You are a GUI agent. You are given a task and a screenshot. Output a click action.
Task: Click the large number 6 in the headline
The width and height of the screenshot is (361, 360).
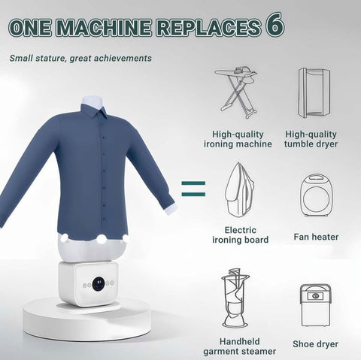coord(275,25)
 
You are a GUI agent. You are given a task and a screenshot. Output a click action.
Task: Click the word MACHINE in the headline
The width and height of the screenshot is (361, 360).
coord(104,27)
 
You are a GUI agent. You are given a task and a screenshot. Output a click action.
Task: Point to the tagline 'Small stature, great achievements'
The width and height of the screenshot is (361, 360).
coord(80,59)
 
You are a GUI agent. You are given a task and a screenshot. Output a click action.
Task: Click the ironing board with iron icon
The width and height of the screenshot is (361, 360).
coord(236,92)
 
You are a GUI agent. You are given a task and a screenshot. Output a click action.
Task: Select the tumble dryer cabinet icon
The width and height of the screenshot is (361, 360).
coord(314,92)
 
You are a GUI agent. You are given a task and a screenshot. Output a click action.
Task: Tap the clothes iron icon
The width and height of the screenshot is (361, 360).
coord(239,189)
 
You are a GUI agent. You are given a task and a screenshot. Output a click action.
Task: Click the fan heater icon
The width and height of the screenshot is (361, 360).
coord(316,195)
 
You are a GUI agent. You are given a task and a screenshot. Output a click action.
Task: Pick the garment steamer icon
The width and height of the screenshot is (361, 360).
coord(235,299)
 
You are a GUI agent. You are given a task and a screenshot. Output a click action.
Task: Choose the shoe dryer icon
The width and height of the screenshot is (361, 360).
coord(316,305)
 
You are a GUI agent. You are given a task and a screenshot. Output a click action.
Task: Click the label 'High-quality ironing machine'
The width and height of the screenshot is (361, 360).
coord(238,139)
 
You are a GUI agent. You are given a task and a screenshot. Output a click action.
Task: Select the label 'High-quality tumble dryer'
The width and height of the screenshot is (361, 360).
coord(311,139)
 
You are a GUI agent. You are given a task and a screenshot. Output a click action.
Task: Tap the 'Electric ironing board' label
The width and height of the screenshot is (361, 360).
coord(240,235)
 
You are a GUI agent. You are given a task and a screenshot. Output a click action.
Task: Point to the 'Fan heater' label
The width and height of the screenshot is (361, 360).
coord(316,237)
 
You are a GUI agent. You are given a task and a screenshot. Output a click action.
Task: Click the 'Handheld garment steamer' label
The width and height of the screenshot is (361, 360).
coord(239,346)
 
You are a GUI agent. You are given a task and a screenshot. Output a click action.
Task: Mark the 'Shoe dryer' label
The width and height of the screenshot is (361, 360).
coord(315,344)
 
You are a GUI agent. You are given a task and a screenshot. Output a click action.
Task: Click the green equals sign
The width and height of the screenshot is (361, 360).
coord(193,189)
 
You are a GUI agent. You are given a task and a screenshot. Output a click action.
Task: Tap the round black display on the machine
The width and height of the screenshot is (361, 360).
coord(99,284)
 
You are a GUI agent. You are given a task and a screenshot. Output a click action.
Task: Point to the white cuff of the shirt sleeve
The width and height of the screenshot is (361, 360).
coord(171,209)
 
